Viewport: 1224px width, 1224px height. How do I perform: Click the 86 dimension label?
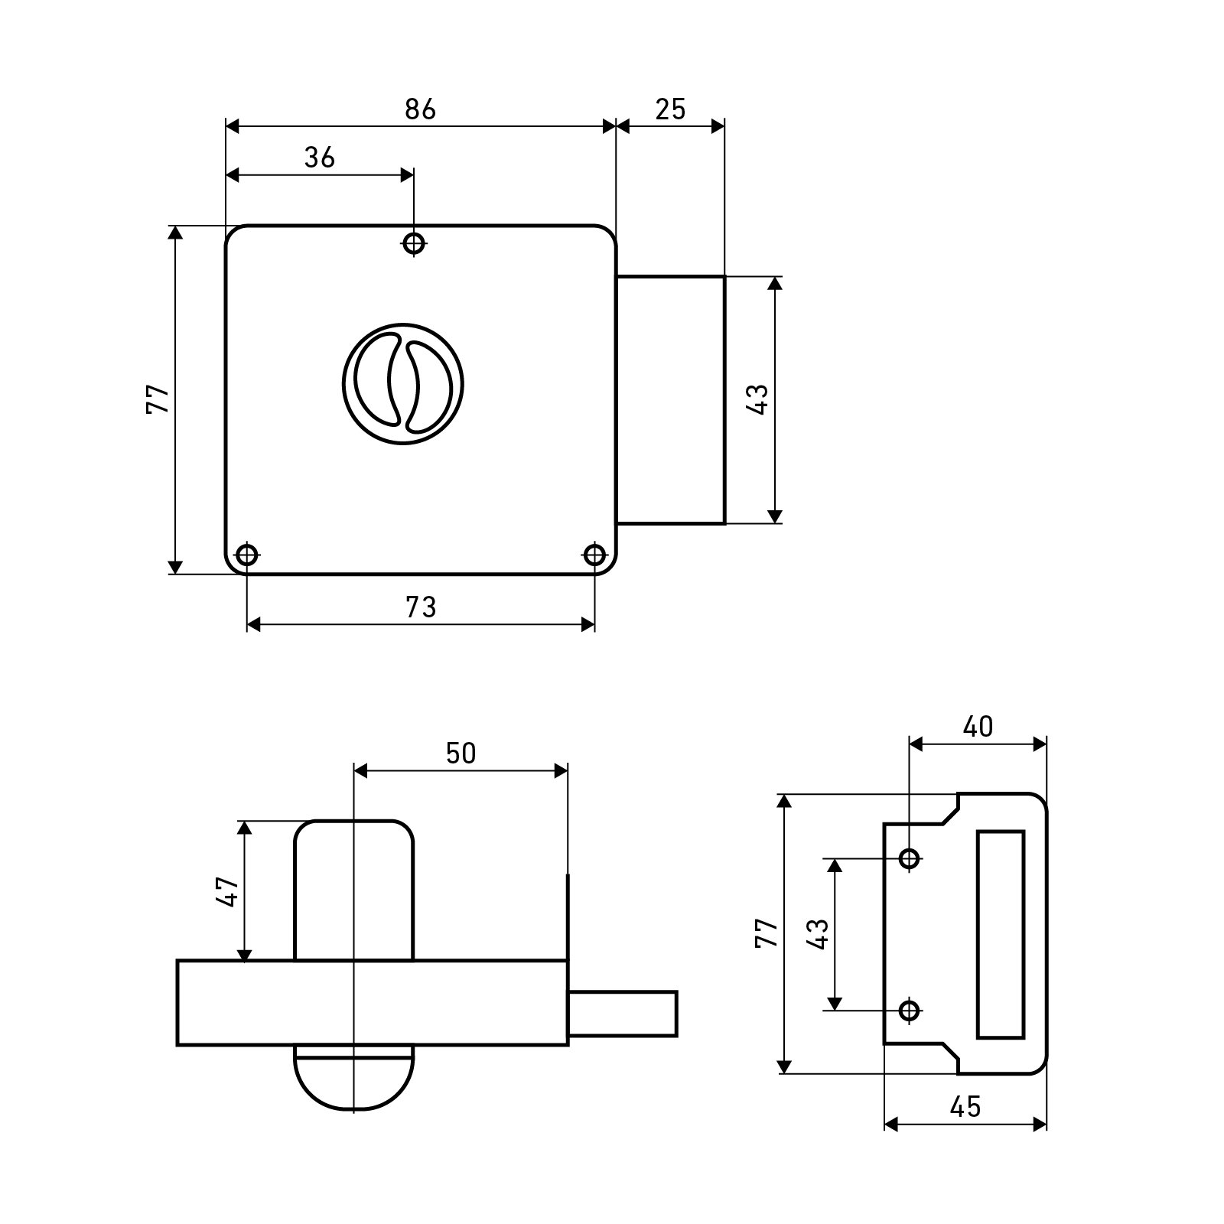420,110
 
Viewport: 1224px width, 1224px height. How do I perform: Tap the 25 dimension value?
670,110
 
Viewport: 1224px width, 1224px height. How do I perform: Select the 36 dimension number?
320,158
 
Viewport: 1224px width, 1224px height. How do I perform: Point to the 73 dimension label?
420,607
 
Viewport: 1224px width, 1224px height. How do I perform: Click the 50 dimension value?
461,754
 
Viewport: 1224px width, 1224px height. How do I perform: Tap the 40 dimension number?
978,727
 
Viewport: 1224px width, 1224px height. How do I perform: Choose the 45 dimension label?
965,1106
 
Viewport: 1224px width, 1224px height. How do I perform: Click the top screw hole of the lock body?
414,244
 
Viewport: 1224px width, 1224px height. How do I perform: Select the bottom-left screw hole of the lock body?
246,555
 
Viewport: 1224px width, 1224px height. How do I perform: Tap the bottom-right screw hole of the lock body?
594,555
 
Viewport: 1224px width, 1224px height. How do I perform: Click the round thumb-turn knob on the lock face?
403,382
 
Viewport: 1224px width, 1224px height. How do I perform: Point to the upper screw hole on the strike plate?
909,858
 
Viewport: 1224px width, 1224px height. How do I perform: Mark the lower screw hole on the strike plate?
909,1011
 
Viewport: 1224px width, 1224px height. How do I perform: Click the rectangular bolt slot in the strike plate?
1001,934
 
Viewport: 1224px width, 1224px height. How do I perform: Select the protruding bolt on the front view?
671,400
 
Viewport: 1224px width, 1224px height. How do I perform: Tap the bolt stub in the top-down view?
623,1014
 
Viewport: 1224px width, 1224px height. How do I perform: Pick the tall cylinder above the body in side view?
354,890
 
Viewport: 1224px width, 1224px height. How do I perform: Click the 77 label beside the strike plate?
767,933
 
